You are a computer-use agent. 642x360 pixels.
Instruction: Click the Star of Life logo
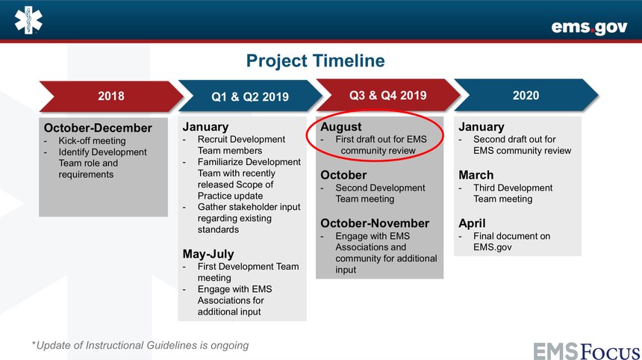click(28, 20)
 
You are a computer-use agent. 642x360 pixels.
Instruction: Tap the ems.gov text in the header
click(589, 28)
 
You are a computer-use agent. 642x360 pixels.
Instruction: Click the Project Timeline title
click(315, 60)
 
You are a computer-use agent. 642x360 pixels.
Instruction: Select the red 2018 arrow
click(111, 96)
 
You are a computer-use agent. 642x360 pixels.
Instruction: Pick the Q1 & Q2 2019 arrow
click(250, 96)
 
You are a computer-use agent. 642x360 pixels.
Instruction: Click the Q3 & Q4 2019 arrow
click(388, 96)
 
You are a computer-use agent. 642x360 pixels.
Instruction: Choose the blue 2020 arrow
click(526, 96)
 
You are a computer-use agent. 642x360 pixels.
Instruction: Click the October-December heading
click(98, 128)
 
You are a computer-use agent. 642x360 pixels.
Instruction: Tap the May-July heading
click(208, 254)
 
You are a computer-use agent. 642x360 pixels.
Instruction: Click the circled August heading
click(341, 127)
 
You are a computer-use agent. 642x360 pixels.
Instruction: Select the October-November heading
click(375, 223)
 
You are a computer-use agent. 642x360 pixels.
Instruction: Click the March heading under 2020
click(476, 175)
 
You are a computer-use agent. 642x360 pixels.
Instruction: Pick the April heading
click(472, 223)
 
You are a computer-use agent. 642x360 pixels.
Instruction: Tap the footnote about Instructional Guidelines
click(140, 345)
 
